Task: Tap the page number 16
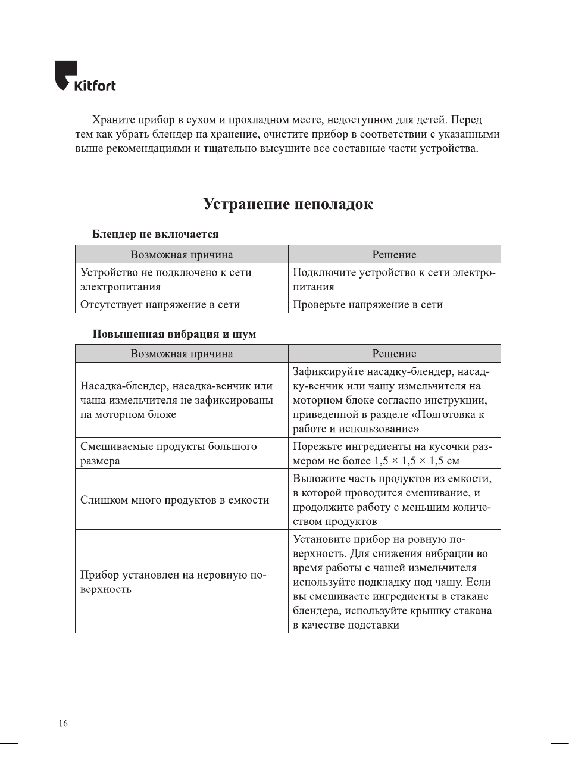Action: [x=63, y=723]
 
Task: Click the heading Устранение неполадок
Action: [x=287, y=204]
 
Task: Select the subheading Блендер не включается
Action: [x=155, y=234]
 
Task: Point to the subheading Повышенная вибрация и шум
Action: [x=174, y=334]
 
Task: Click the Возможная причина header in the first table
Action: [x=182, y=255]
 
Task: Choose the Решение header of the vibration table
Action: [x=394, y=354]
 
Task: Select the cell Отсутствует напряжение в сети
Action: [x=160, y=304]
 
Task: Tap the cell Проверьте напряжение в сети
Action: [x=368, y=304]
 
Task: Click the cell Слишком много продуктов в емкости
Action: [x=174, y=500]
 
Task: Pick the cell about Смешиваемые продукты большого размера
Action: [x=168, y=453]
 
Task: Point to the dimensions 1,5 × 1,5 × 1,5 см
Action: [x=417, y=461]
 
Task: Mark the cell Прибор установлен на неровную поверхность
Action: [x=173, y=582]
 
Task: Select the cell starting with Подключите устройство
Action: [x=393, y=279]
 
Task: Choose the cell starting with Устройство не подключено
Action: [x=166, y=279]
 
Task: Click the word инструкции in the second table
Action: [x=458, y=400]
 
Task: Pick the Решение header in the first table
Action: [x=394, y=255]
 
